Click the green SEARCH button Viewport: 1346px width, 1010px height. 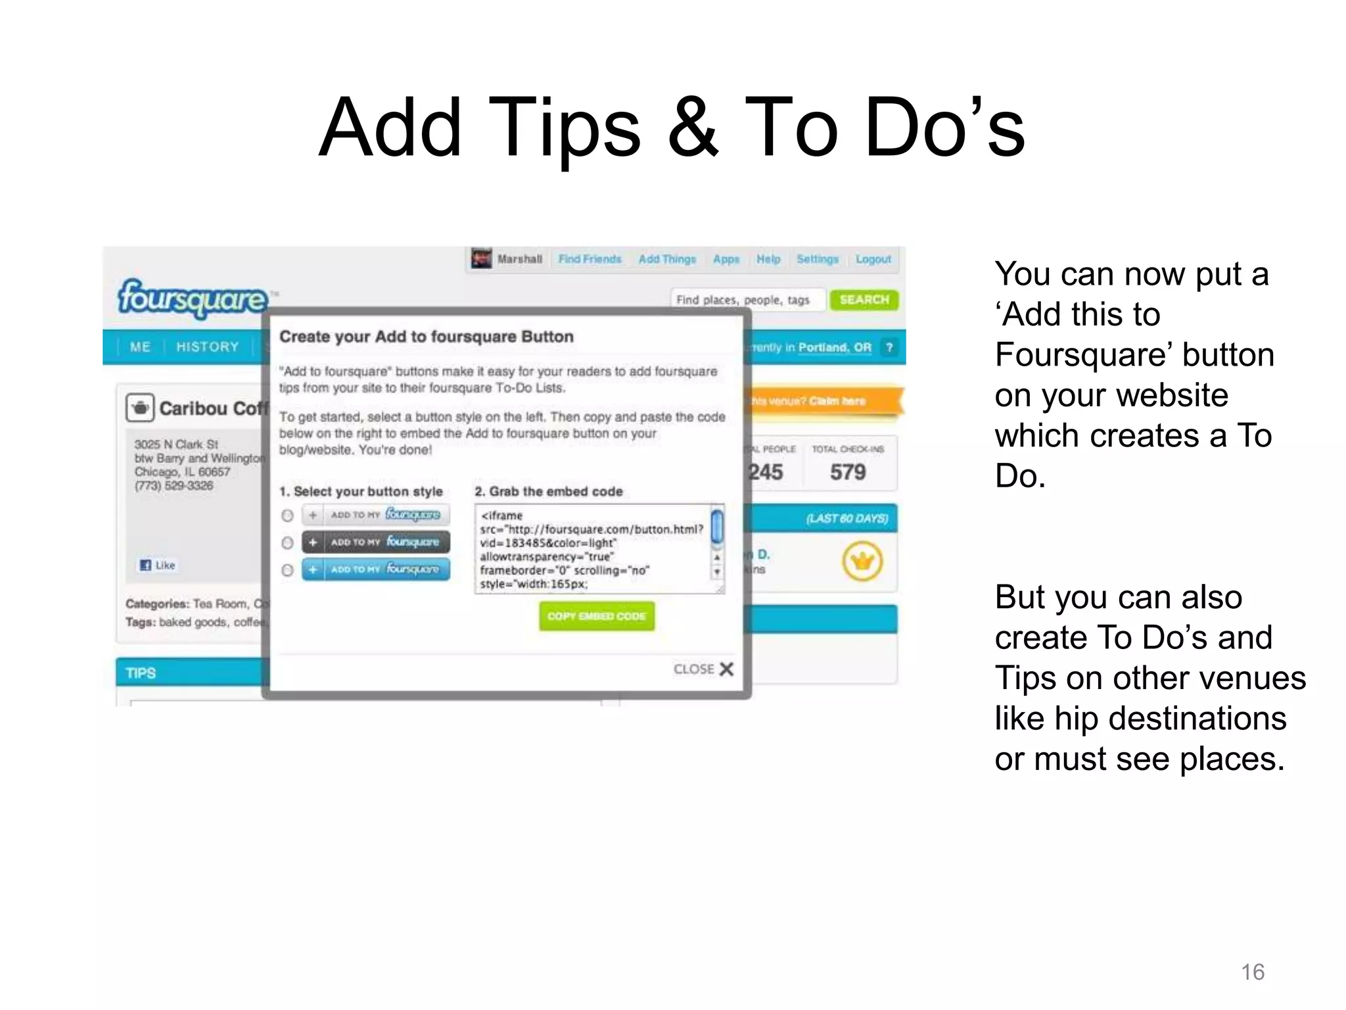[864, 300]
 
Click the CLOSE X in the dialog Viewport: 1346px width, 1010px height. [703, 669]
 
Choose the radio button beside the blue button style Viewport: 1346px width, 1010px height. [287, 570]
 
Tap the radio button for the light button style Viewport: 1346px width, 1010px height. [287, 516]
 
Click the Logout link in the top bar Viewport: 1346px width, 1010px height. [873, 259]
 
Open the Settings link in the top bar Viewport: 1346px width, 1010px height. [817, 259]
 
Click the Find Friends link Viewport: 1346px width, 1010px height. [590, 259]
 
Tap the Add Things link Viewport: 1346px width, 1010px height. [667, 259]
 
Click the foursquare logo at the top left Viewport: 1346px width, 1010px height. [193, 299]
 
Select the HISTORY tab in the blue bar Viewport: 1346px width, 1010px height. [207, 347]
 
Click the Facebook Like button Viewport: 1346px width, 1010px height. [158, 565]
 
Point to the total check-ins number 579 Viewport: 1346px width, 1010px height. [848, 471]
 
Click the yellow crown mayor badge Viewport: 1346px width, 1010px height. [862, 561]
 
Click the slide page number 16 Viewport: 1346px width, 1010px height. [1253, 972]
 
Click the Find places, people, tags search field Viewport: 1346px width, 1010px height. [746, 300]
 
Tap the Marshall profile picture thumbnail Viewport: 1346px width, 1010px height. [482, 258]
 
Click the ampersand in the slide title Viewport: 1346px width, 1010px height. [693, 128]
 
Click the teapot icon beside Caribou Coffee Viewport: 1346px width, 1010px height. [140, 408]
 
